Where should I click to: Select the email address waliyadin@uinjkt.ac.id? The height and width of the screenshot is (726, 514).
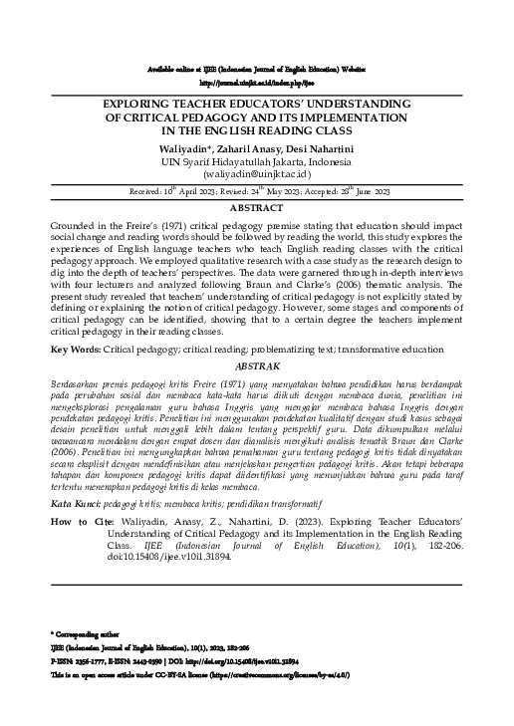pos(256,172)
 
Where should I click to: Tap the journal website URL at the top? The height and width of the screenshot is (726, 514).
pos(256,83)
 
